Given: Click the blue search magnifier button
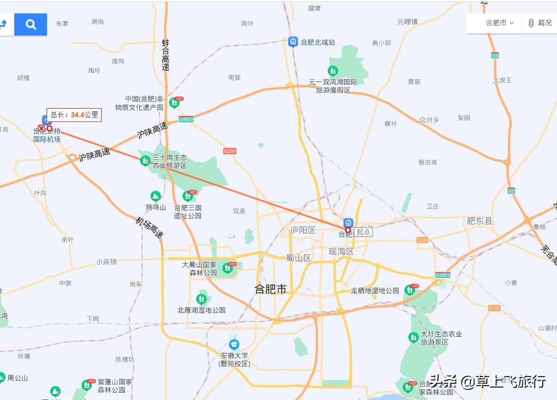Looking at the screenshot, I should coord(30,24).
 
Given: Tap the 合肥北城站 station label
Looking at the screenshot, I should coord(318,42).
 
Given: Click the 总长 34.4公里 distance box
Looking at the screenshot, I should coord(74,115).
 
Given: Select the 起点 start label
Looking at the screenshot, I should coord(363,232).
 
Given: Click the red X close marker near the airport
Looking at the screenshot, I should coord(42,128).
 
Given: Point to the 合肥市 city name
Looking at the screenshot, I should coord(271,289).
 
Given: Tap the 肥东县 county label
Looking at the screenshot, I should coord(479,221).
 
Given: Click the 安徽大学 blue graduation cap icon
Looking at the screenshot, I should coord(235,345).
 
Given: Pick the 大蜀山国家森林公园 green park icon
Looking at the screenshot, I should coord(227,267).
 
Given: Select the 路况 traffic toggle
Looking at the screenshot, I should coord(539,23).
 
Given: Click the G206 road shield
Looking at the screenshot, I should coord(230,151).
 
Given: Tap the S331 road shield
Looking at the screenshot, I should coord(422,240).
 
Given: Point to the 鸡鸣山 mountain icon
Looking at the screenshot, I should coord(156,196).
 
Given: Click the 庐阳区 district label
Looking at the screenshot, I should coord(303,230).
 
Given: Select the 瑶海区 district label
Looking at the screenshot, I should coord(341,251).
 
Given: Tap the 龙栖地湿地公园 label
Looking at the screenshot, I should coord(375,291).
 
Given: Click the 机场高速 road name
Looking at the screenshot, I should coord(150,228).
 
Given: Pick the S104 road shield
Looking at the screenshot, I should coord(494,308).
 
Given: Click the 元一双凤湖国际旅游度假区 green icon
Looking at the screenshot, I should coord(333,71).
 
